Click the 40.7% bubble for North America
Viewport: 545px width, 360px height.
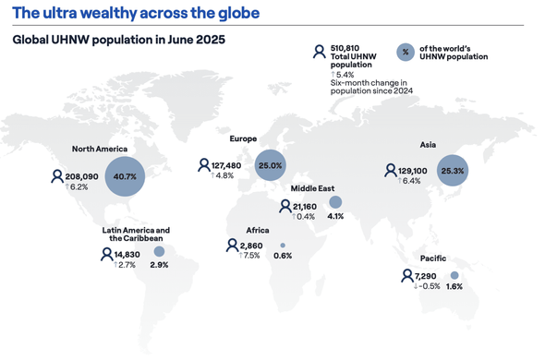[x=125, y=176]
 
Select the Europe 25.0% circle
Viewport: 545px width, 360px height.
[x=271, y=165]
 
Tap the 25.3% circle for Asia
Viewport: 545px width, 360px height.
[x=453, y=171]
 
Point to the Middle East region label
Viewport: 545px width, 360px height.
[x=312, y=188]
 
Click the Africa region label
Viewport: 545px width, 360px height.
[x=258, y=230]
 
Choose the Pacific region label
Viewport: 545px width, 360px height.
[x=433, y=258]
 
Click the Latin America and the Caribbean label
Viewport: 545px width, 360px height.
[x=136, y=234]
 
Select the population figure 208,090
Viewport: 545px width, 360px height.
[x=81, y=176]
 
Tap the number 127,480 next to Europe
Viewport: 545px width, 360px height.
[x=226, y=165]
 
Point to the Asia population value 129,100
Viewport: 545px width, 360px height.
[x=413, y=171]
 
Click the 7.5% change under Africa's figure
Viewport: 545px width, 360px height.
[x=249, y=256]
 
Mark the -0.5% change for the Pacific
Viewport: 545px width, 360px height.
[x=427, y=286]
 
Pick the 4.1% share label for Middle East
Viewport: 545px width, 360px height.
[x=335, y=216]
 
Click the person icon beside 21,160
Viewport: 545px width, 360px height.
[x=285, y=206]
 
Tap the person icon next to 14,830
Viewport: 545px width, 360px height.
[x=107, y=254]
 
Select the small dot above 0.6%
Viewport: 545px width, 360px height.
[x=283, y=246]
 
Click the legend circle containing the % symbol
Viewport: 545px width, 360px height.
[x=406, y=52]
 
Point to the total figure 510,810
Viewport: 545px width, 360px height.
[x=345, y=48]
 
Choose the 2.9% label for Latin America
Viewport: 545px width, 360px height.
[x=159, y=265]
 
